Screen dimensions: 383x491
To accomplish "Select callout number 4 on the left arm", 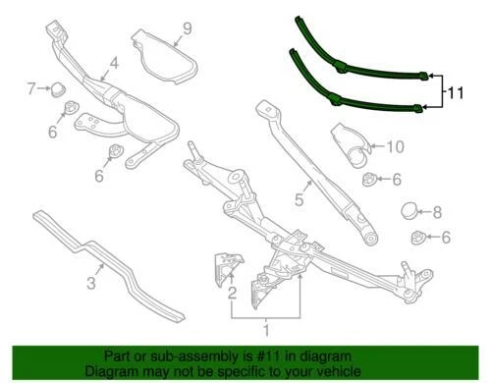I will [x=114, y=65].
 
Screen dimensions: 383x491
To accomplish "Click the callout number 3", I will [x=90, y=285].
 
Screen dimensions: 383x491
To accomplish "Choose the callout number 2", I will [x=232, y=293].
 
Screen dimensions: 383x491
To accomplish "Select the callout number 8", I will [x=438, y=210].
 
